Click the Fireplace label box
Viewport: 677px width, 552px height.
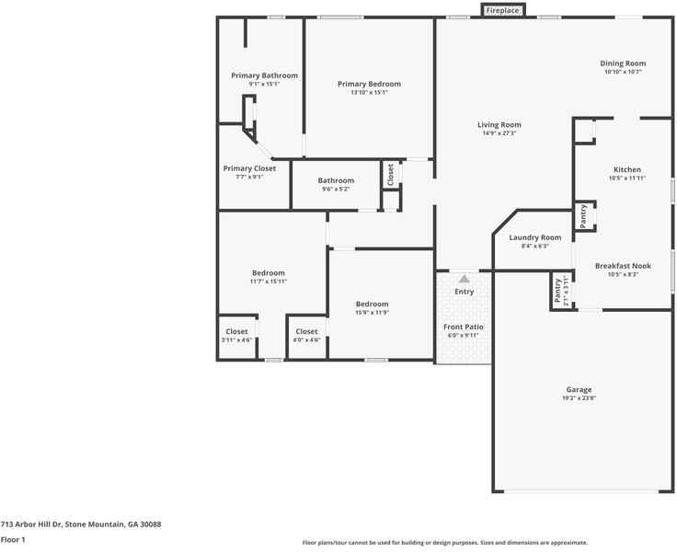(x=502, y=10)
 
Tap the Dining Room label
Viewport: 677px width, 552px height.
(x=623, y=63)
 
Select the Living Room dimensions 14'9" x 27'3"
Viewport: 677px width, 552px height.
(x=499, y=133)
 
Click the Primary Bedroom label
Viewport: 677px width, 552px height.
(x=369, y=84)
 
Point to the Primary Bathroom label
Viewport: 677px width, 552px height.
(x=264, y=75)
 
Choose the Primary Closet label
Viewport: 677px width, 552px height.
(x=249, y=168)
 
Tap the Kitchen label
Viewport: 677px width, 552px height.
(x=627, y=169)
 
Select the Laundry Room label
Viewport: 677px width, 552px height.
(x=534, y=237)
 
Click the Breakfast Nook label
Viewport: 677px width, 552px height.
(x=623, y=266)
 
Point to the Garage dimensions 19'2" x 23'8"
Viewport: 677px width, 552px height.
(x=579, y=397)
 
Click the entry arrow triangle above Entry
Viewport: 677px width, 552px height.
(x=465, y=278)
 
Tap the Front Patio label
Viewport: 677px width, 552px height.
(x=464, y=327)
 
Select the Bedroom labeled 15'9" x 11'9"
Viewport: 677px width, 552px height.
(x=373, y=305)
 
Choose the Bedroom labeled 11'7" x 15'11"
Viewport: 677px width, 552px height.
(x=269, y=273)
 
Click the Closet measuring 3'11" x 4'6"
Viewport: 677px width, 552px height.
(x=236, y=332)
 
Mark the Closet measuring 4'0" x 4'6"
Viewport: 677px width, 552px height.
(x=306, y=332)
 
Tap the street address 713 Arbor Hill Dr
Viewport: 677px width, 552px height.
(x=81, y=524)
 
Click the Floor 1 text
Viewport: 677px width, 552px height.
(x=13, y=540)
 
